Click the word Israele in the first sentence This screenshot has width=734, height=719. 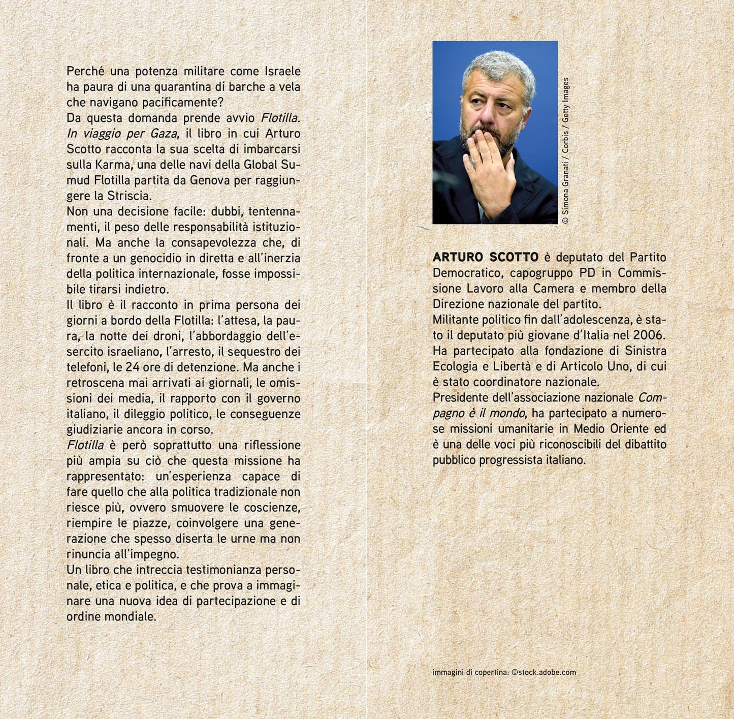pyautogui.click(x=282, y=71)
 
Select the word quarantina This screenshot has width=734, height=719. pyautogui.click(x=166, y=87)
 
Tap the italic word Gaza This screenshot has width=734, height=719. pyautogui.click(x=163, y=134)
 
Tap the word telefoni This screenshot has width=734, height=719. pyautogui.click(x=87, y=367)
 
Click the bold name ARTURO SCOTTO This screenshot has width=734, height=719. pyautogui.click(x=486, y=258)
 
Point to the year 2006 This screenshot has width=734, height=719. pyautogui.click(x=649, y=335)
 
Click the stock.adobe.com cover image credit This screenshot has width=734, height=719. pyautogui.click(x=544, y=672)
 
